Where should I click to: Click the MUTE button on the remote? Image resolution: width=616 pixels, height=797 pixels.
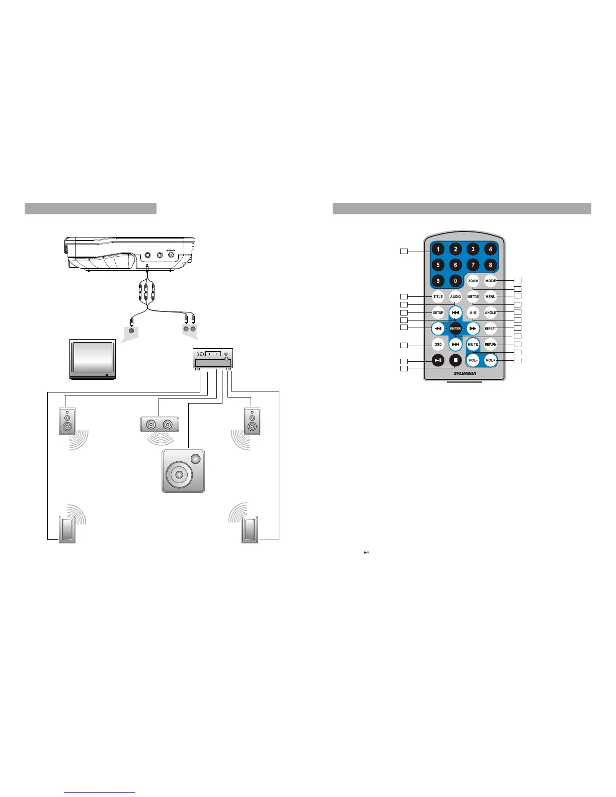coord(473,345)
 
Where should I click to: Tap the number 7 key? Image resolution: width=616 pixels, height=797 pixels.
coord(473,265)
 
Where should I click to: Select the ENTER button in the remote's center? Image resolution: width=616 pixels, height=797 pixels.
coord(455,329)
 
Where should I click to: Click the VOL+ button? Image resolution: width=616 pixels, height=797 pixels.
coord(490,360)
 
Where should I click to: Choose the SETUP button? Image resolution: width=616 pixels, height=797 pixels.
coord(438,312)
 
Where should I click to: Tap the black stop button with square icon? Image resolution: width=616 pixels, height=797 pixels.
coord(455,360)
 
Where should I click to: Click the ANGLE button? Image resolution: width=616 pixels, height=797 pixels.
coord(490,312)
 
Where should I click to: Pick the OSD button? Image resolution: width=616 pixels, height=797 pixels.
coord(438,345)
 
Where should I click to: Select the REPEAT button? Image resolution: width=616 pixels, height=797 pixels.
coord(490,329)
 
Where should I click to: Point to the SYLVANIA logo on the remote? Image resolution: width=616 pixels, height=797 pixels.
coord(465,373)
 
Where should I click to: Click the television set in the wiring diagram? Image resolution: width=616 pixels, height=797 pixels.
coord(93,359)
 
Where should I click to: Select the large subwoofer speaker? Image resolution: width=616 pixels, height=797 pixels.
coord(183,471)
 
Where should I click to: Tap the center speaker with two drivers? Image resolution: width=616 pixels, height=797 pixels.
coord(159,424)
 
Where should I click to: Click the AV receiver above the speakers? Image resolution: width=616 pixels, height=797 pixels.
coord(213,359)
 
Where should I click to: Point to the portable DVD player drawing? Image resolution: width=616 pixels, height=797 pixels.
coord(130,254)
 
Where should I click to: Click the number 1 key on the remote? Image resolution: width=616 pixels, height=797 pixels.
coord(438,249)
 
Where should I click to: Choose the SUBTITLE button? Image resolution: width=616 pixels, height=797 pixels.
coord(473,297)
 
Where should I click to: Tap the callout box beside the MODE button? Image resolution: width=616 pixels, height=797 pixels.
coord(517,280)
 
